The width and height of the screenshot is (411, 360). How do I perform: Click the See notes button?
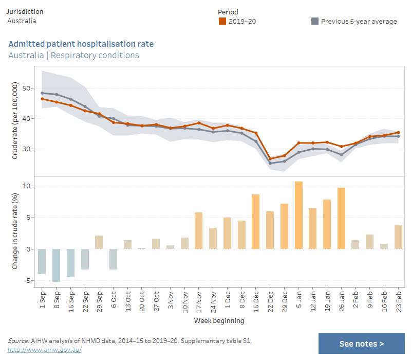(361, 344)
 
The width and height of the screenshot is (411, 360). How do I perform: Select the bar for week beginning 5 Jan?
(298, 215)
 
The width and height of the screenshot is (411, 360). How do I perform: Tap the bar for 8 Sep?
(56, 265)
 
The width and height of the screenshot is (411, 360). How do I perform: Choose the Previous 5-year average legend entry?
(354, 21)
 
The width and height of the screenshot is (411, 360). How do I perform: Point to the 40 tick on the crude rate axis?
(29, 119)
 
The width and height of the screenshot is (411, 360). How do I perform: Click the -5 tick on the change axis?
(29, 281)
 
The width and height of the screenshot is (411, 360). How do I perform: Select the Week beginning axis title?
(219, 321)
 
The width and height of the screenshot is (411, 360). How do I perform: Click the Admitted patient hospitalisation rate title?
(81, 44)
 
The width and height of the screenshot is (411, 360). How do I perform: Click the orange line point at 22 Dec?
(270, 159)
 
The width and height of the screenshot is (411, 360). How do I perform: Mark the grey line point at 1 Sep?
(42, 93)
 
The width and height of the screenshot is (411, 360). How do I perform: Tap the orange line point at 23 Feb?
(398, 132)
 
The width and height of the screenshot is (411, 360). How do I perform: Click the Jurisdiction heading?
(25, 11)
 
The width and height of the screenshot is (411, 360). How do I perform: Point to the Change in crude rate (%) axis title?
(15, 233)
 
